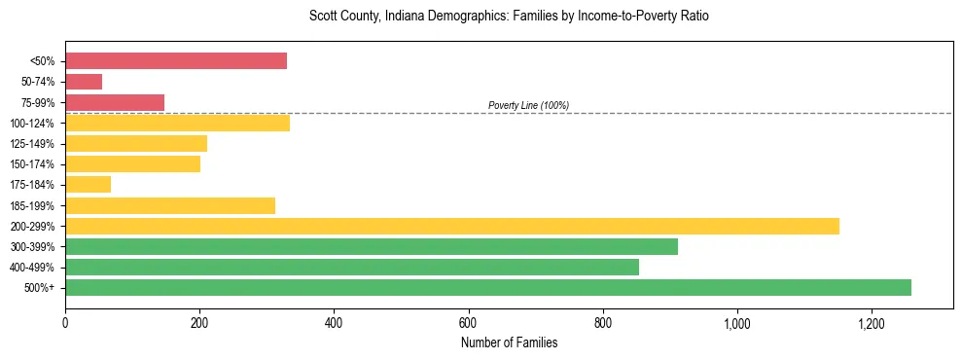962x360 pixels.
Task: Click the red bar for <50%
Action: point(176,61)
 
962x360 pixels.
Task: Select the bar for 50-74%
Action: point(84,82)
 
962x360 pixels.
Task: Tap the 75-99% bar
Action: point(115,102)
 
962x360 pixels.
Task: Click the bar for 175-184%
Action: point(88,184)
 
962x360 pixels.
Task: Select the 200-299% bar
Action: point(452,226)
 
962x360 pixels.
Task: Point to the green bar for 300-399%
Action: point(372,246)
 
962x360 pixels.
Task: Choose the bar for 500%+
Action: point(488,287)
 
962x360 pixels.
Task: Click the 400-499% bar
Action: point(352,267)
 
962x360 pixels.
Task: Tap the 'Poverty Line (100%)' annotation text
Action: point(528,105)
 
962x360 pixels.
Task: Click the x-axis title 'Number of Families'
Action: point(509,342)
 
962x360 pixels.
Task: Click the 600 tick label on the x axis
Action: point(469,323)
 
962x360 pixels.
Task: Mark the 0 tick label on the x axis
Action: point(65,323)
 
